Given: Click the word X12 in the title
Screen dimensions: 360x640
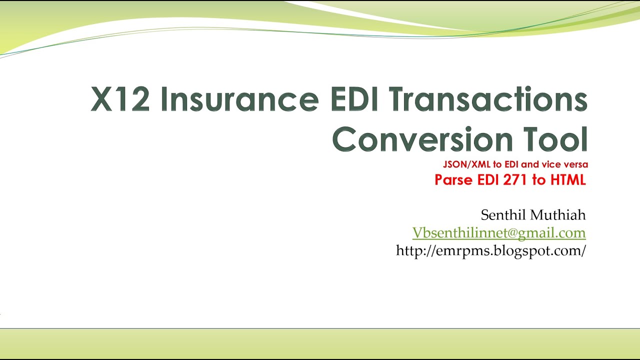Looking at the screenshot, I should click(120, 99).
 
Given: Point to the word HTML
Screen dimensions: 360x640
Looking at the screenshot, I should click(566, 180).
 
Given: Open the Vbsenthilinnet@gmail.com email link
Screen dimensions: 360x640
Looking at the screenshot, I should click(498, 233).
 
